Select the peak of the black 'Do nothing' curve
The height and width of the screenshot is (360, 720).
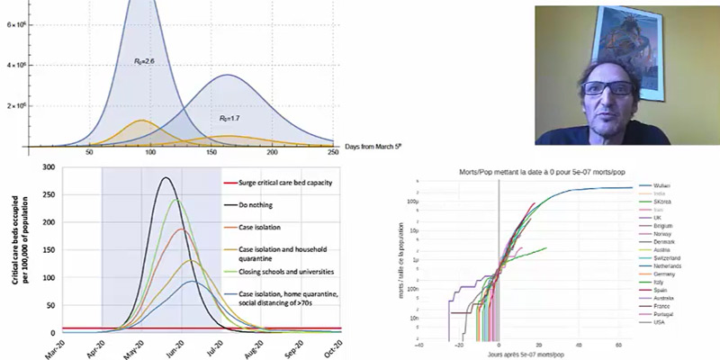[166, 178]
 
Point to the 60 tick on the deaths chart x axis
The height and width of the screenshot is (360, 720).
[618, 343]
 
